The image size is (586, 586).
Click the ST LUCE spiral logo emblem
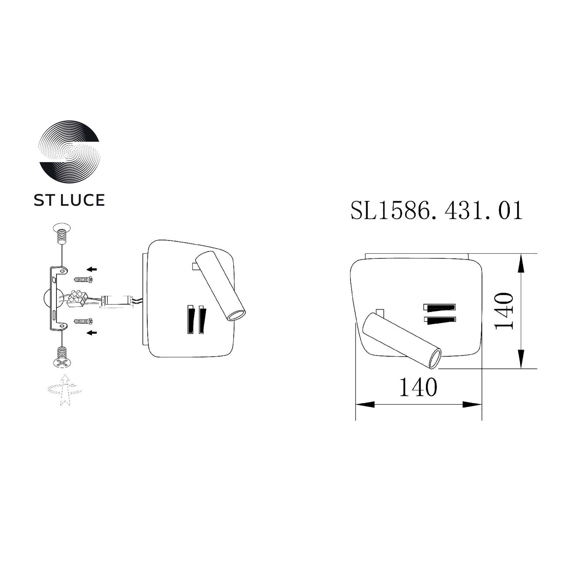(x=69, y=152)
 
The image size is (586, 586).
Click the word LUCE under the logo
(x=83, y=200)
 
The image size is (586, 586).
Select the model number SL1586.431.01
(x=437, y=210)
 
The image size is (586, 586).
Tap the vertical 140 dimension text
(x=503, y=311)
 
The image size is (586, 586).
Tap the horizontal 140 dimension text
(x=418, y=387)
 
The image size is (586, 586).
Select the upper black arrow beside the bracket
(x=92, y=269)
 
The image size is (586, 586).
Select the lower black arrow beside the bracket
(x=92, y=333)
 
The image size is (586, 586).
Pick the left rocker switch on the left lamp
(x=190, y=319)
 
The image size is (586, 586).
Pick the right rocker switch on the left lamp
(x=202, y=319)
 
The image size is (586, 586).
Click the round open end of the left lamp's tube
(x=236, y=316)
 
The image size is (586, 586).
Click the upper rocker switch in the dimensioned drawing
(x=440, y=307)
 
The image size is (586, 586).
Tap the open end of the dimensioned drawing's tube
(x=435, y=359)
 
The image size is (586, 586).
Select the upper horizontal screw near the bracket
(x=83, y=279)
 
